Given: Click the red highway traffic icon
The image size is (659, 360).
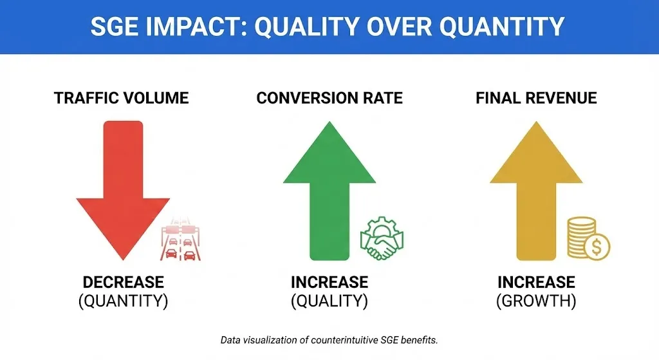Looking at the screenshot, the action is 181,239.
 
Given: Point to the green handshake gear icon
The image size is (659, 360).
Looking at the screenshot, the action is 382,238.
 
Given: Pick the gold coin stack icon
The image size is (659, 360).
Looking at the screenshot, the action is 588,238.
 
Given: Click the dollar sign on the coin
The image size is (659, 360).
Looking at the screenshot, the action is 597,247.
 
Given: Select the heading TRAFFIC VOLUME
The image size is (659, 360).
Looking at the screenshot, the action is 122,98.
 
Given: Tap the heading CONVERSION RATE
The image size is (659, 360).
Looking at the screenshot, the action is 329,98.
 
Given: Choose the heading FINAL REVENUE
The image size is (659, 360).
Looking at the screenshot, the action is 536,98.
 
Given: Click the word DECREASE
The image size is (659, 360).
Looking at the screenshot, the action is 123,282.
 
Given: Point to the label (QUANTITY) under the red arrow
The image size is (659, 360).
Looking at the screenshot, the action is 123,301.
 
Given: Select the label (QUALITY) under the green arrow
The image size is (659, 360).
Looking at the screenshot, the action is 329,301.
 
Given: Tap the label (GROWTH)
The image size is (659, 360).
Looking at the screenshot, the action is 536,301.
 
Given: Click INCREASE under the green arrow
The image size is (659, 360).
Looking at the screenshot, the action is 329,282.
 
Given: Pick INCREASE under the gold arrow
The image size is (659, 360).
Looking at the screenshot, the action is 536,282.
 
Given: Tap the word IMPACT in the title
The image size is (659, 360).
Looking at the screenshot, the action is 193,26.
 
